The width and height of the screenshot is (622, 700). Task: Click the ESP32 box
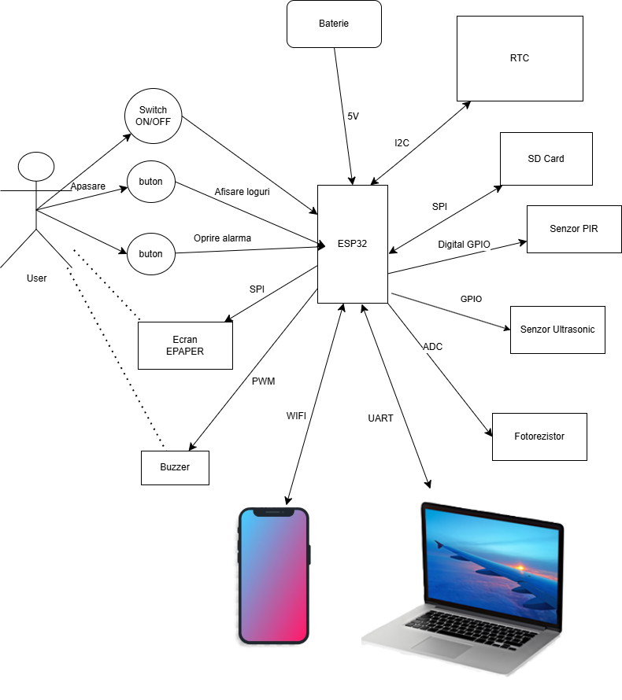tap(353, 244)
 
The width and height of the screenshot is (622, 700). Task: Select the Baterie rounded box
tap(334, 24)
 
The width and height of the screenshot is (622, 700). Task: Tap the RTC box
tap(520, 58)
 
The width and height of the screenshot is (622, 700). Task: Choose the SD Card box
tap(546, 159)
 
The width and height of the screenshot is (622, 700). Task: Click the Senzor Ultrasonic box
tap(557, 330)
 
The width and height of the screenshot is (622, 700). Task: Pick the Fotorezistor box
tap(539, 436)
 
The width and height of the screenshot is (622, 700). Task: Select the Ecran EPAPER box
tap(185, 345)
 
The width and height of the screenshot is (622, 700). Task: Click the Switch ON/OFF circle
tap(153, 116)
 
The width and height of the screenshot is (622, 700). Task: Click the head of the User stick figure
tap(36, 167)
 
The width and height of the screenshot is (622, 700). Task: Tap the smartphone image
tap(274, 575)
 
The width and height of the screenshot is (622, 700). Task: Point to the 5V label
tap(353, 116)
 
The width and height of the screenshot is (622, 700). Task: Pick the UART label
tap(380, 418)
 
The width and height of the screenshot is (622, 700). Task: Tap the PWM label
tap(263, 381)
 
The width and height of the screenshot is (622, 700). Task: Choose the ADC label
tap(432, 346)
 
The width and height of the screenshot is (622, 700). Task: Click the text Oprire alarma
tap(222, 238)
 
